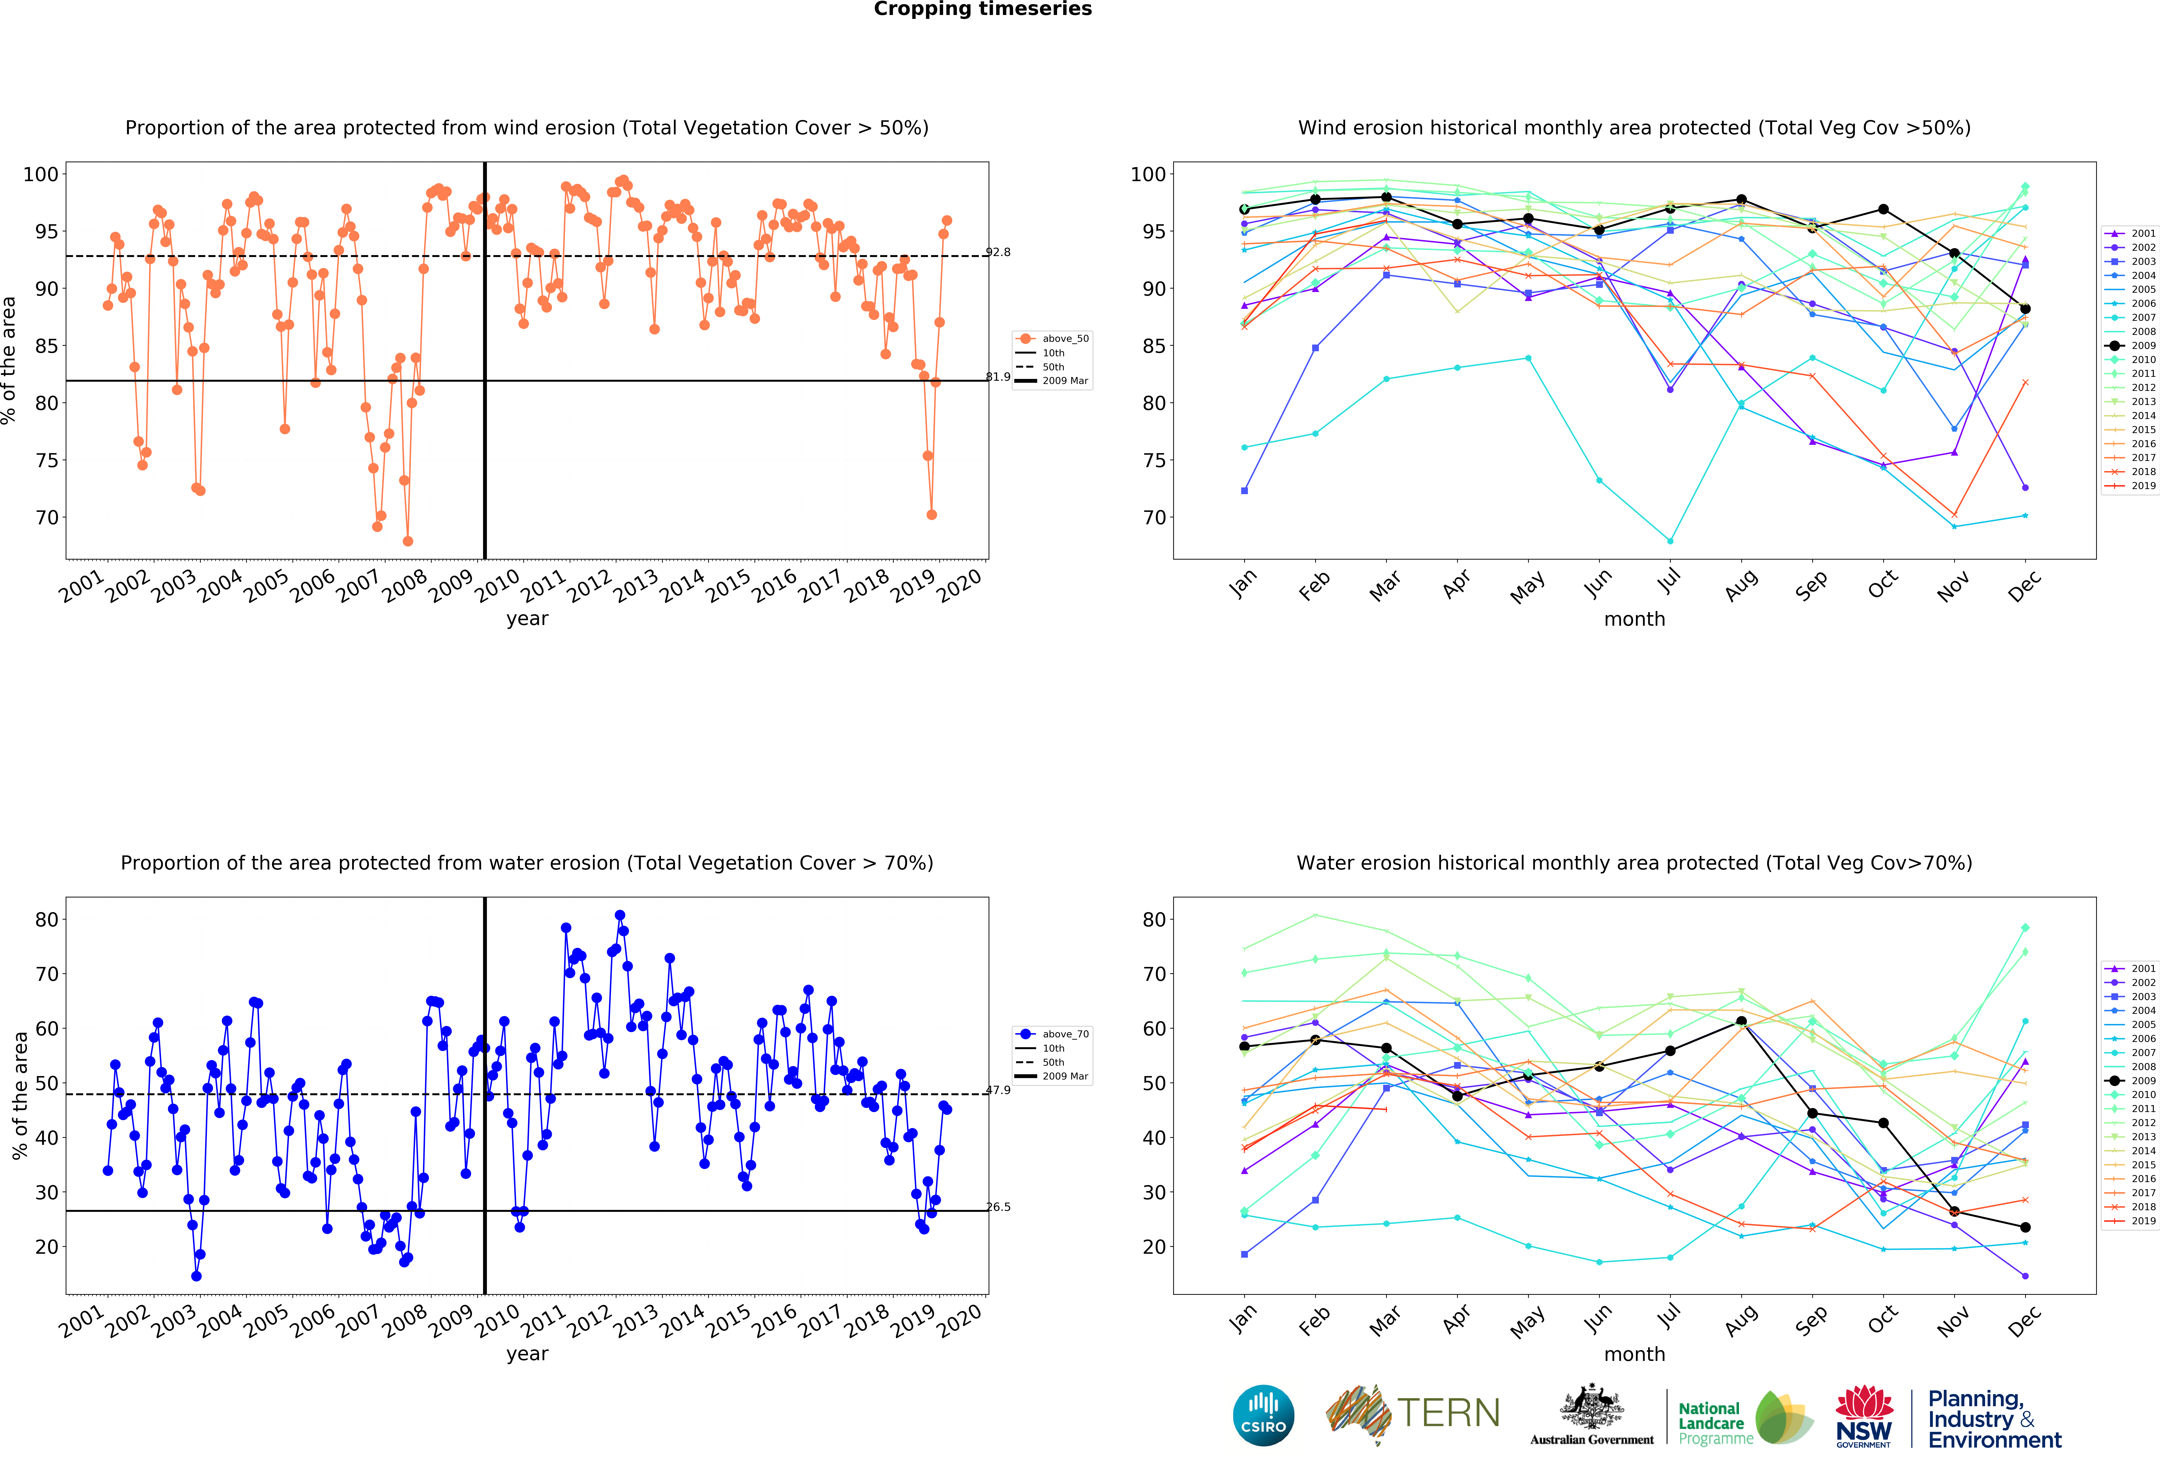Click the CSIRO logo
tap(1263, 1415)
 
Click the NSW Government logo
tap(1863, 1417)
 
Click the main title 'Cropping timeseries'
tap(982, 9)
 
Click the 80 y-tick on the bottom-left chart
tap(47, 919)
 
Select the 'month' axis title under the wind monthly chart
tap(1634, 619)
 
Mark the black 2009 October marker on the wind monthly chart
tap(1883, 209)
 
